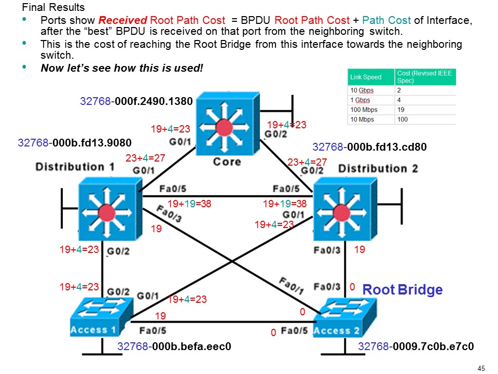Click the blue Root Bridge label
point(402,290)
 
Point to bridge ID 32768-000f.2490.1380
point(136,101)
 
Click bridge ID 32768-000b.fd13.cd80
point(369,147)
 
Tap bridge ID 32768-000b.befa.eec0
point(174,346)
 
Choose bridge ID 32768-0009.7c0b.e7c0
point(417,346)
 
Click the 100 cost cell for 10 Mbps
point(403,119)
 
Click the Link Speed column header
point(366,77)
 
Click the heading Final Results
point(53,8)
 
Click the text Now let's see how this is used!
point(122,68)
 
